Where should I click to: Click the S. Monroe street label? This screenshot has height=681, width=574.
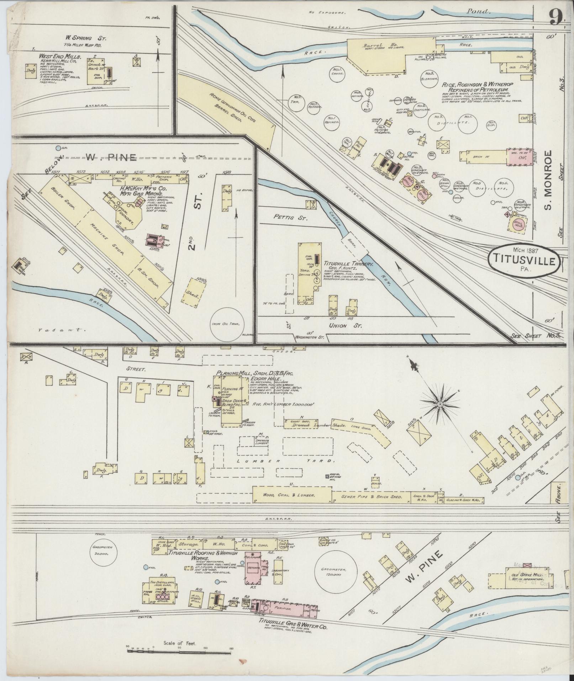click(548, 179)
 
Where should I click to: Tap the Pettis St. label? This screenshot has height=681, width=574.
click(284, 216)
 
